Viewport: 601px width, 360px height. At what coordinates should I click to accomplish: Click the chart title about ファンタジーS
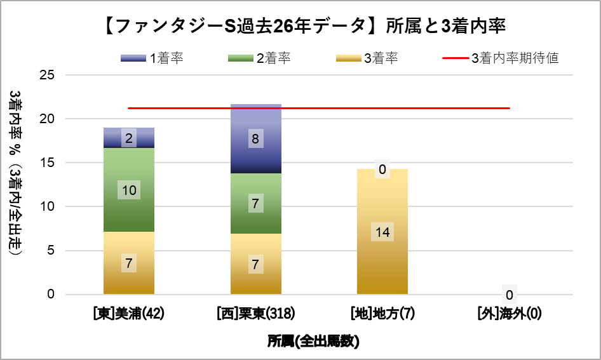click(300, 26)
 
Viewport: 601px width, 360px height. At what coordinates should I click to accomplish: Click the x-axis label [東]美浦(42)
click(129, 314)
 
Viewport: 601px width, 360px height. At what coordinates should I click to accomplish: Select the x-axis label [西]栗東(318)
click(255, 314)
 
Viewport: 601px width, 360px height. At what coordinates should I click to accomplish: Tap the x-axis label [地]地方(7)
click(382, 314)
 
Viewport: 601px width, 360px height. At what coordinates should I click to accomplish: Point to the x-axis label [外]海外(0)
click(509, 314)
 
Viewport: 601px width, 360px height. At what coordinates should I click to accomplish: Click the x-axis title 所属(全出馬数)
click(313, 341)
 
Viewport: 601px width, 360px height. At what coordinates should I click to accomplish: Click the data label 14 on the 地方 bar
click(382, 232)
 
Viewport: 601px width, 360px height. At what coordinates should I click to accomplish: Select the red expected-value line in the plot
click(445, 108)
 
